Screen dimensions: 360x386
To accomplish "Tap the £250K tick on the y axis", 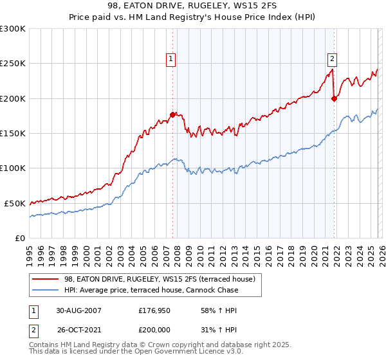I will [13, 64].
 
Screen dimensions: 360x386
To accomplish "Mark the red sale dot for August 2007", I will [172, 115].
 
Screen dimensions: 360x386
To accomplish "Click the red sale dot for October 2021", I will [334, 98].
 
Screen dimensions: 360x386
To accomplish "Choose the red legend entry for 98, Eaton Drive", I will [160, 279].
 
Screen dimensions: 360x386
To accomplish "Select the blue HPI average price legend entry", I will [151, 290].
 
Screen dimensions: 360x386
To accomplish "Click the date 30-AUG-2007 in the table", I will [78, 310].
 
